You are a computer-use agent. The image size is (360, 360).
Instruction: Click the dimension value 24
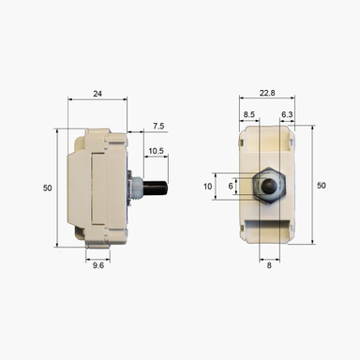pos(97,94)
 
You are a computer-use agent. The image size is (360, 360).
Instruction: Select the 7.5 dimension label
pos(158,126)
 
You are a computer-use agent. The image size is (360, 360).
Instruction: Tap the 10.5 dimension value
pos(156,150)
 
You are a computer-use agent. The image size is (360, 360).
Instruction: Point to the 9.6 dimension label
pos(97,264)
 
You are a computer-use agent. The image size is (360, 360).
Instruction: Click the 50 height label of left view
pos(47,188)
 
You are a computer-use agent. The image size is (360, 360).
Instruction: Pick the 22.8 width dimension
pos(266,93)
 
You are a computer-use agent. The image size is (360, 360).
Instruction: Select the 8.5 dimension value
pos(248,114)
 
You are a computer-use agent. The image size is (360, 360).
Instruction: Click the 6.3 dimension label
pos(287,114)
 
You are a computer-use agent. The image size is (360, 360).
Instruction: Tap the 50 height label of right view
pos(321,186)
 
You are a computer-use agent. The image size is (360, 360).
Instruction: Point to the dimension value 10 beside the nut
pos(208,186)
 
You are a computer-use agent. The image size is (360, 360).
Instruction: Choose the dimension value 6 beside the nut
pos(231,186)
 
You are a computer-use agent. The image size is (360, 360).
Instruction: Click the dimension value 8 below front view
pos(268,264)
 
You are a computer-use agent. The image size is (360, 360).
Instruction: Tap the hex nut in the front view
pos(269,186)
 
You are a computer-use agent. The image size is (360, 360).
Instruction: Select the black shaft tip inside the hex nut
pos(269,186)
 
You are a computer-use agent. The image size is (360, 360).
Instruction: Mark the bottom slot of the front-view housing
pos(268,225)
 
